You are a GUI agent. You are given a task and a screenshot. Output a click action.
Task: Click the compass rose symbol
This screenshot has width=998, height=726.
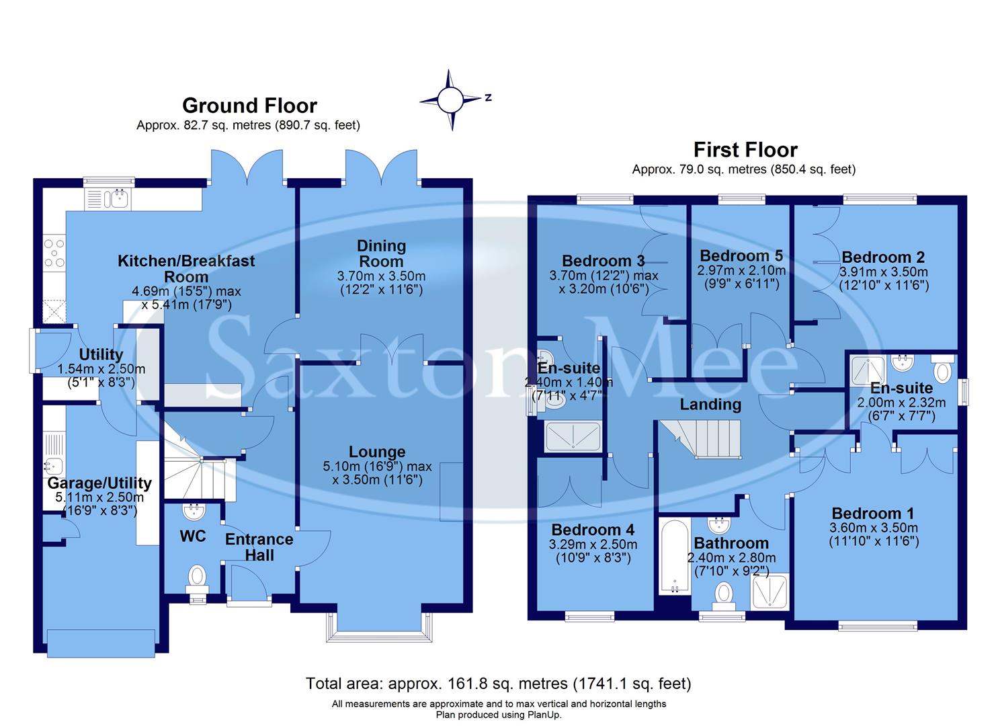pos(451,100)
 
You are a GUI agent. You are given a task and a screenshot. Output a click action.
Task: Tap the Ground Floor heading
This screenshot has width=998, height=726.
pos(249,106)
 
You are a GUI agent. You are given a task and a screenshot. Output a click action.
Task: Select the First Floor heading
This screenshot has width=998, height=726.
pos(745,149)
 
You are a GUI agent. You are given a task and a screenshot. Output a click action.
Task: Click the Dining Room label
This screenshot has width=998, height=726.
pos(381,253)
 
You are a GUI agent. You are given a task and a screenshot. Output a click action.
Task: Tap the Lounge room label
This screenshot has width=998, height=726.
pos(377,452)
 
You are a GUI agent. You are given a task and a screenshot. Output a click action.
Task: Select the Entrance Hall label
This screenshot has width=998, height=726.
pos(259,547)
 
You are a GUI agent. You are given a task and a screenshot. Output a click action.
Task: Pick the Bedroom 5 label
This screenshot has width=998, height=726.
pos(741,255)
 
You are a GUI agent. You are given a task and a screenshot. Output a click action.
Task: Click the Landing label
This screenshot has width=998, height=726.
pos(710,404)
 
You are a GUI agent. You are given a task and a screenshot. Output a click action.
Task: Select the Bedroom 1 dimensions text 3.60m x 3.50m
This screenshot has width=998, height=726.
pos(874,528)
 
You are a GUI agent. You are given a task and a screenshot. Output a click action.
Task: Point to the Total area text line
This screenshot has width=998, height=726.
pos(498,684)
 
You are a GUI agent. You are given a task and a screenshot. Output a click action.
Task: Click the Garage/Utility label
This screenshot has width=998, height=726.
pos(99,483)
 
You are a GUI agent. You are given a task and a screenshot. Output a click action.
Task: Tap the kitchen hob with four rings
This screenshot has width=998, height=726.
pos(54,253)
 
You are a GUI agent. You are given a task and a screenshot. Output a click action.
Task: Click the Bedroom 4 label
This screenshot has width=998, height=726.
pos(593,530)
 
